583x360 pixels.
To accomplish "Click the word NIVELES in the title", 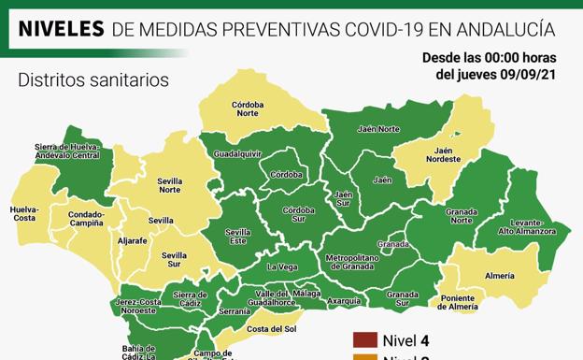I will (x=61, y=29).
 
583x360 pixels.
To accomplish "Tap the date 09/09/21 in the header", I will (x=531, y=74).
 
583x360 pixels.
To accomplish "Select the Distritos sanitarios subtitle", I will (x=93, y=80).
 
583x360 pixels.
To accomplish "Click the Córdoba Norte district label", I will (x=248, y=108).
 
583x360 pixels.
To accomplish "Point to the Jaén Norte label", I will (x=378, y=129).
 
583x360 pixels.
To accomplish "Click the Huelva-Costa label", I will (x=24, y=213).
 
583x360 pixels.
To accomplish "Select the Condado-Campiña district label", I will (x=87, y=219).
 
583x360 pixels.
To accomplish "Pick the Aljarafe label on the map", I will (x=132, y=240).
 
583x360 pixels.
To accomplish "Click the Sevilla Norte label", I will (x=169, y=184).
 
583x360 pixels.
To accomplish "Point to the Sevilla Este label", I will (x=237, y=236).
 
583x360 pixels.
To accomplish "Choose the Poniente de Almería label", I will (x=458, y=302).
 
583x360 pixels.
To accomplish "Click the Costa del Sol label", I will (x=271, y=328).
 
